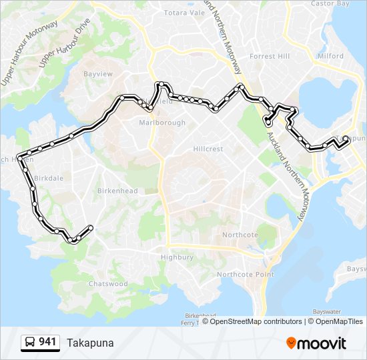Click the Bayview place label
99,74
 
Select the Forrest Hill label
270,57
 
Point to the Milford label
330,57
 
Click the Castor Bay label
330,4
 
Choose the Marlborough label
162,123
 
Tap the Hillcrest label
208,149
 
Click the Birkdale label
47,179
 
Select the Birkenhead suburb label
117,191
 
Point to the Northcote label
240,235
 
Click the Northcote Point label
246,275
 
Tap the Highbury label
177,257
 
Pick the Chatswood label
108,284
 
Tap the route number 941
47,343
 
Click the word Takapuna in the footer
90,343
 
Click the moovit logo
316,343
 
